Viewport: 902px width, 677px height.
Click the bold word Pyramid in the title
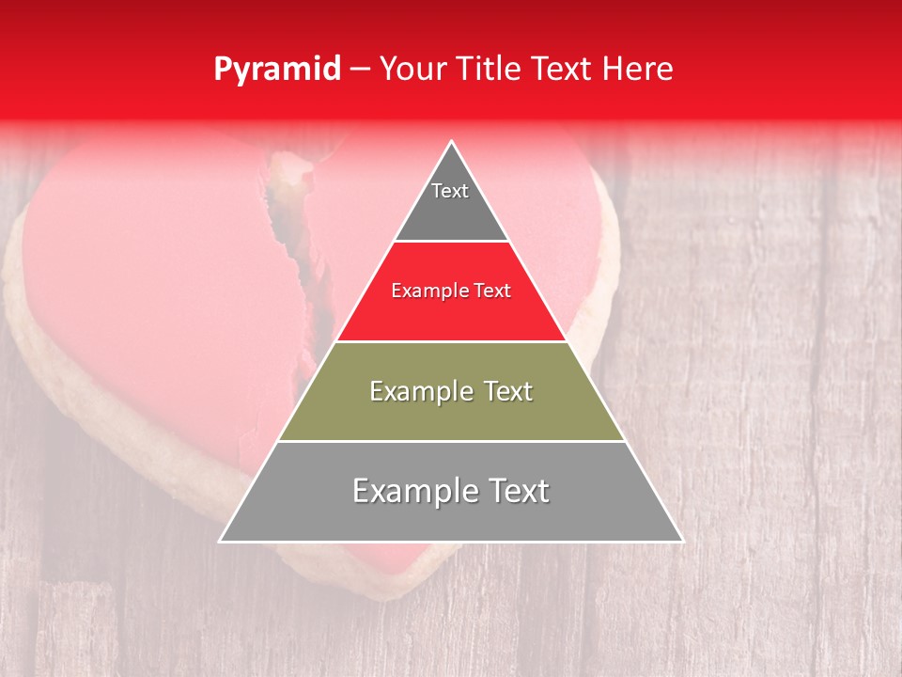[277, 70]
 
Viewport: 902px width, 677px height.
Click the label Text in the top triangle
[450, 191]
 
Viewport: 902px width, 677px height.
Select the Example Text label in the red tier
[451, 291]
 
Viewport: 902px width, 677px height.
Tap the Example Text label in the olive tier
[451, 391]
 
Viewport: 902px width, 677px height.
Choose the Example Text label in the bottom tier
[451, 491]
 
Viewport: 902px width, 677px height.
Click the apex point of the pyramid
[452, 142]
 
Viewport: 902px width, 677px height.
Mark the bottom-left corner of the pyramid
[221, 541]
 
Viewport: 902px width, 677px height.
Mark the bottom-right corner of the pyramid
[682, 541]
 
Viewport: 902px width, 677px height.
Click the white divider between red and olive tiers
[451, 341]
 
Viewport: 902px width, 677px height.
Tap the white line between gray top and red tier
[451, 242]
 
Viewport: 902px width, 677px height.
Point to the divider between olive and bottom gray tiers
[451, 441]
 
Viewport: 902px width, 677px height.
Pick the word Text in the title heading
[566, 70]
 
